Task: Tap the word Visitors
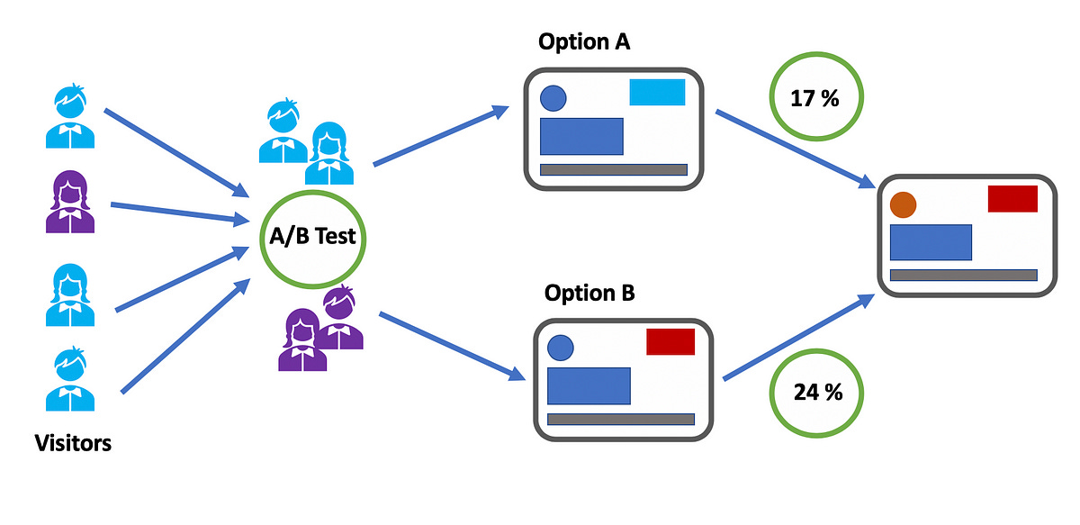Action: tap(73, 443)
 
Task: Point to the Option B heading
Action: tap(589, 294)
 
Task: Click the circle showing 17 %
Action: tap(815, 98)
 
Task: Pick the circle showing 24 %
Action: tap(816, 392)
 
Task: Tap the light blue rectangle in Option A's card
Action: tap(657, 93)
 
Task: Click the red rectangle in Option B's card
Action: tap(670, 342)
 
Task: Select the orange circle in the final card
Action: tap(903, 205)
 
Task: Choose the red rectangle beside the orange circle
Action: tap(1012, 198)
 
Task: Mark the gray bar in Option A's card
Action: tap(613, 169)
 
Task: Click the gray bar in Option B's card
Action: tap(621, 419)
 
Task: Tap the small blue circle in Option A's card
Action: tap(553, 98)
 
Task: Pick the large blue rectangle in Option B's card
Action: tap(589, 385)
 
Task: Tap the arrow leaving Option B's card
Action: tap(801, 338)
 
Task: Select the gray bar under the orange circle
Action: tap(963, 275)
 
